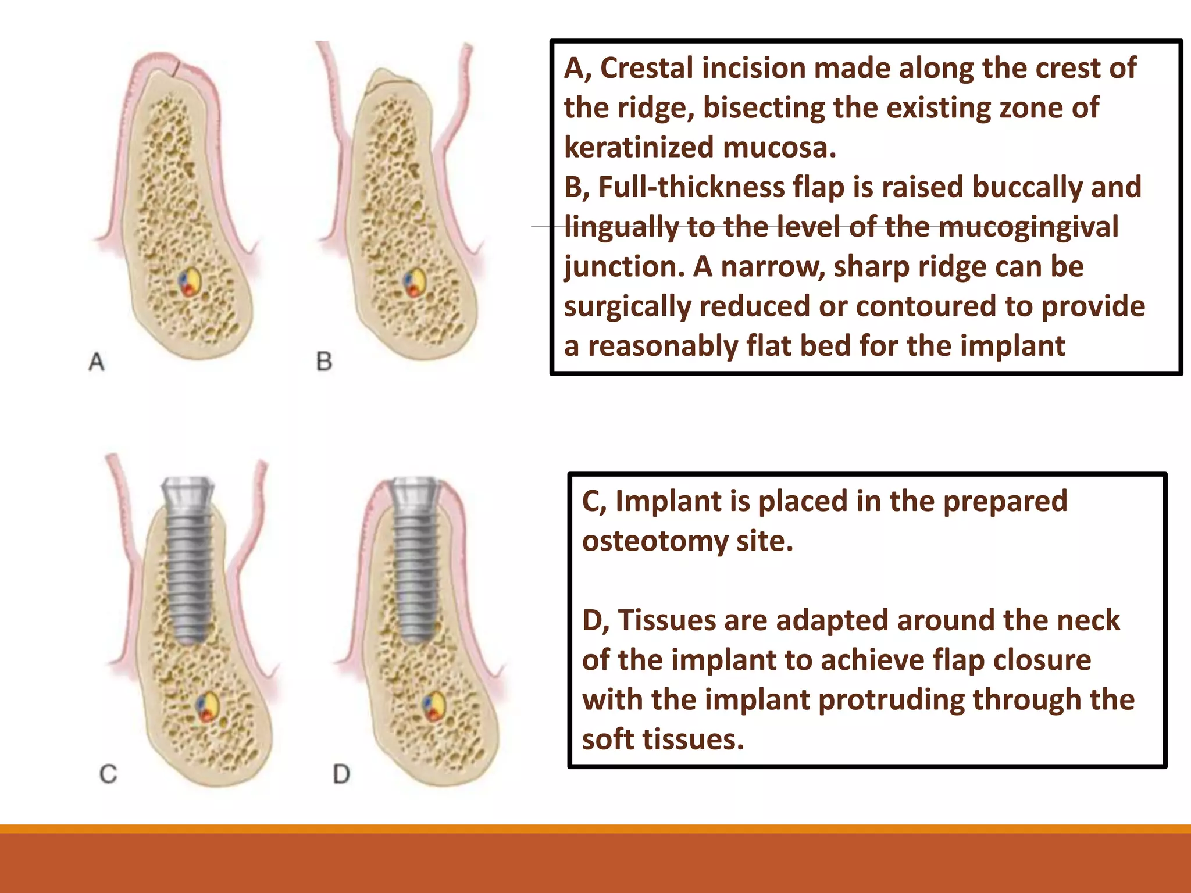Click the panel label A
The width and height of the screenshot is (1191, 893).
pos(97,362)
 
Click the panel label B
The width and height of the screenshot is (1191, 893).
pos(324,362)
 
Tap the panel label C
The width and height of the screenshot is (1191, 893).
pos(108,774)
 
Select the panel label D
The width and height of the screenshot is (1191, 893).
pos(341,774)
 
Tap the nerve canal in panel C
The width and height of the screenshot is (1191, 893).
pos(207,707)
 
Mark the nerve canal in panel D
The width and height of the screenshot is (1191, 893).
pos(433,706)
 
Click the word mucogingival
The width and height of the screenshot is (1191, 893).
pos(1028,227)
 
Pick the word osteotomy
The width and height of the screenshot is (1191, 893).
pos(655,541)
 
